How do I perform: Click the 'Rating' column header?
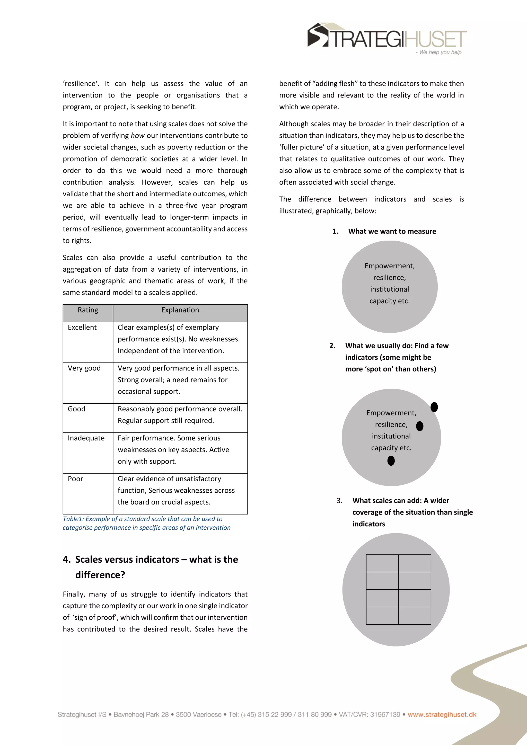(x=88, y=310)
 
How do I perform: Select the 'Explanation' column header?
(x=180, y=310)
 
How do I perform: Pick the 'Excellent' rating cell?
(x=82, y=327)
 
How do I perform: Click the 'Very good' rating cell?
(x=84, y=368)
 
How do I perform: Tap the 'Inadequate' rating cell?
(x=86, y=438)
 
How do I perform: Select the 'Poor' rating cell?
(x=75, y=479)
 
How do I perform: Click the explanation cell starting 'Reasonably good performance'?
(x=180, y=415)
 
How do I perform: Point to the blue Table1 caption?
(x=146, y=523)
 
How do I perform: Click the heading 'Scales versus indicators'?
(x=156, y=560)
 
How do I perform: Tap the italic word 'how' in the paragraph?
(x=137, y=136)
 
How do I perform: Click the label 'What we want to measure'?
(x=392, y=231)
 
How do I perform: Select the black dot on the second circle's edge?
(x=434, y=407)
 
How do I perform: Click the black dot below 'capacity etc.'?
(x=391, y=461)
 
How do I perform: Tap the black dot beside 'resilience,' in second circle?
(x=420, y=426)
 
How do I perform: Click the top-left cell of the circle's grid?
(x=382, y=563)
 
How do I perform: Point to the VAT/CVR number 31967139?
(x=385, y=714)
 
